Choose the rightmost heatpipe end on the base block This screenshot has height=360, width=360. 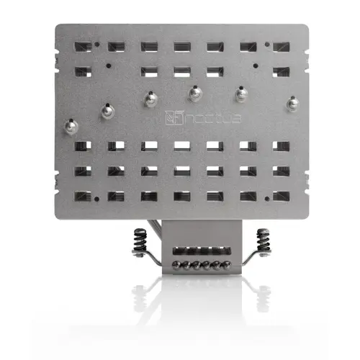point(228,266)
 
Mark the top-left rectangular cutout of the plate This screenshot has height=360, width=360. point(81,46)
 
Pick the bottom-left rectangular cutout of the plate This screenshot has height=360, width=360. point(81,196)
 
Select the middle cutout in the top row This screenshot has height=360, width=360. point(181,46)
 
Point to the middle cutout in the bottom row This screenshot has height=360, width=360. point(181,196)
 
